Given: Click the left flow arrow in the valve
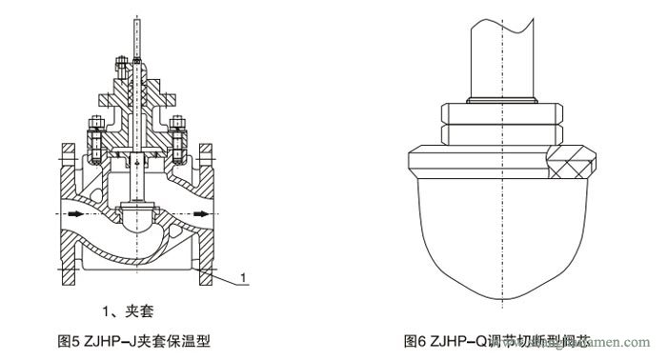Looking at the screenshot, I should pos(72,212).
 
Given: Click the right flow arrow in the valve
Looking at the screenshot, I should pos(197,212).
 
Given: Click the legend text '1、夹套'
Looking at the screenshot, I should pos(129,310).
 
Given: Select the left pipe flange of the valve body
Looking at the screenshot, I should pos(66,214).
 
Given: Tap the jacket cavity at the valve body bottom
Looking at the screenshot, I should pos(137,258).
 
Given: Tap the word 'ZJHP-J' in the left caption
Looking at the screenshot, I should pos(100,339).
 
